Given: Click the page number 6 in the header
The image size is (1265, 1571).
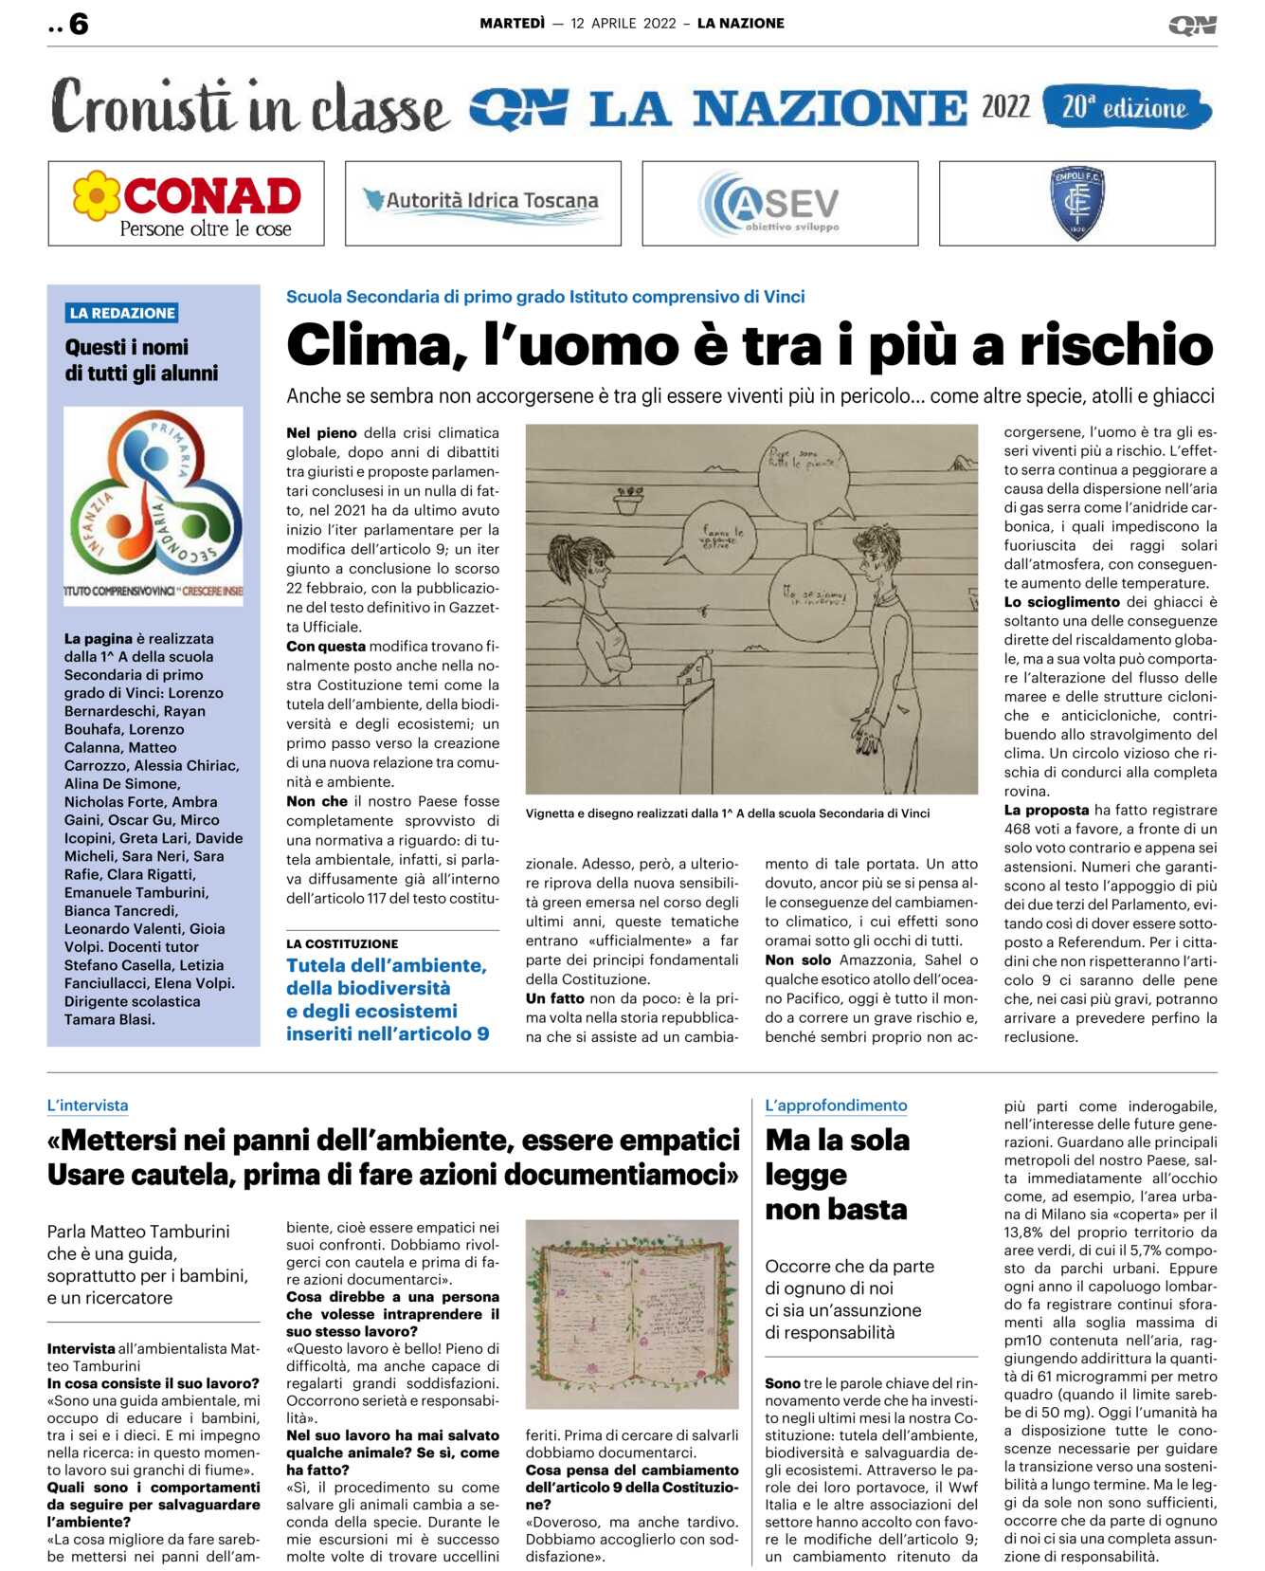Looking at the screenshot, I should pyautogui.click(x=79, y=24).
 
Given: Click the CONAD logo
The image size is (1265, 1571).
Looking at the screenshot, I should pyautogui.click(x=187, y=203).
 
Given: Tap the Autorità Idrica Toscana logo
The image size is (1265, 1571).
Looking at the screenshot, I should pyautogui.click(x=482, y=202).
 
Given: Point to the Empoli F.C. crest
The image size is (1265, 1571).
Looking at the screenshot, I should pyautogui.click(x=1076, y=202).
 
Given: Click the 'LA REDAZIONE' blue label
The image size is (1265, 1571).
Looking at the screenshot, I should pyautogui.click(x=122, y=313).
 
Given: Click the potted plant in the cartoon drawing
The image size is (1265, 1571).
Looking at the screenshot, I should pyautogui.click(x=628, y=500).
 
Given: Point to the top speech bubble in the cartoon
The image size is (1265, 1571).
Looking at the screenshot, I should pyautogui.click(x=804, y=466).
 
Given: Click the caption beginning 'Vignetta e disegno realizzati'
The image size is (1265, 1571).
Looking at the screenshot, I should pyautogui.click(x=727, y=813).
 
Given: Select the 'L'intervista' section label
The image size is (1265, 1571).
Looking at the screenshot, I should pyautogui.click(x=87, y=1105).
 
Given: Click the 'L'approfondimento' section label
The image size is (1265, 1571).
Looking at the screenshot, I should pyautogui.click(x=836, y=1105).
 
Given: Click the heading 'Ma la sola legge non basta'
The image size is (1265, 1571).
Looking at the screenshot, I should pyautogui.click(x=837, y=1174).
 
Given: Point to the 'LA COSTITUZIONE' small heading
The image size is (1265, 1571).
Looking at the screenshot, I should pyautogui.click(x=342, y=944).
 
